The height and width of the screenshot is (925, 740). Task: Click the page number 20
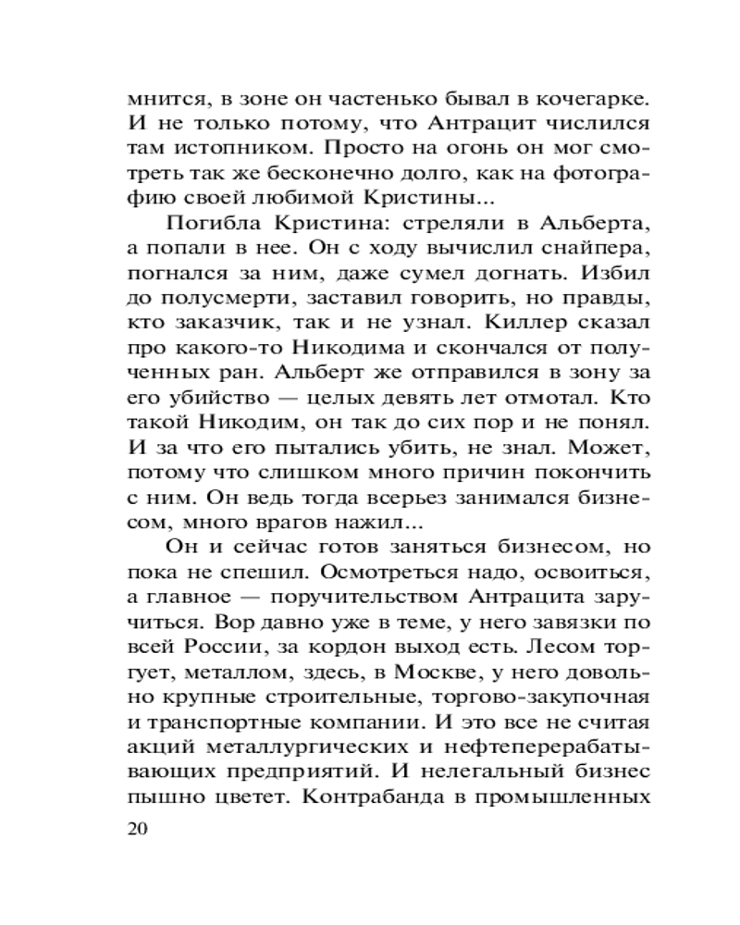pyautogui.click(x=136, y=829)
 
